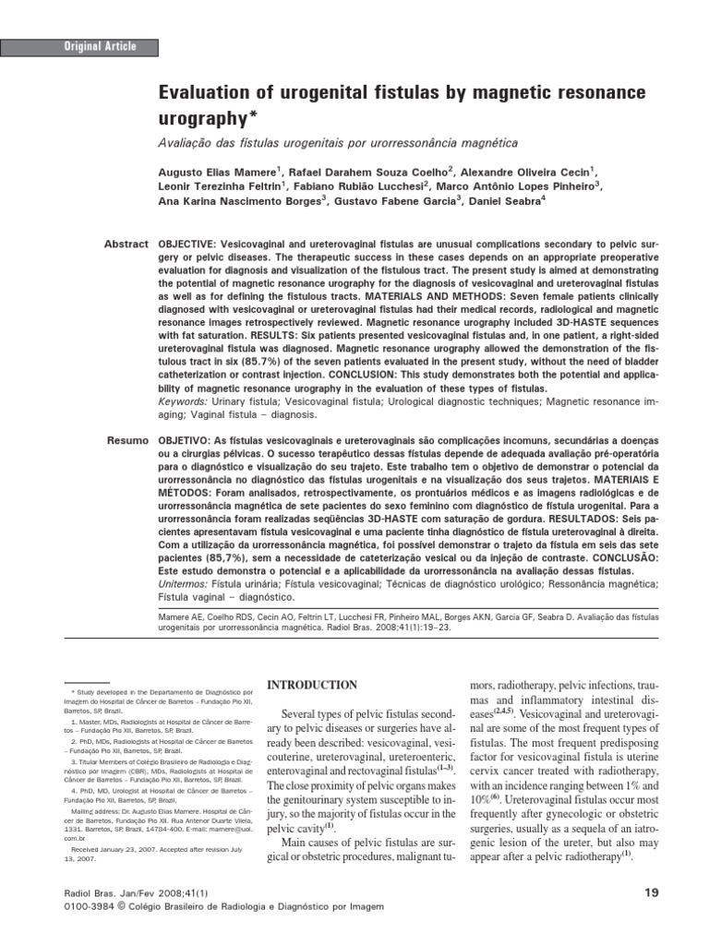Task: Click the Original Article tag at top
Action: [x=100, y=46]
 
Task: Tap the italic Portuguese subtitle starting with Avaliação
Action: [x=334, y=143]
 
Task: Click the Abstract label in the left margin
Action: [x=126, y=244]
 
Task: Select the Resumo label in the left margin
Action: [x=126, y=442]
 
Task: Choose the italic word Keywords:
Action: [x=184, y=402]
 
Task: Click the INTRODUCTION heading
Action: [x=311, y=685]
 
